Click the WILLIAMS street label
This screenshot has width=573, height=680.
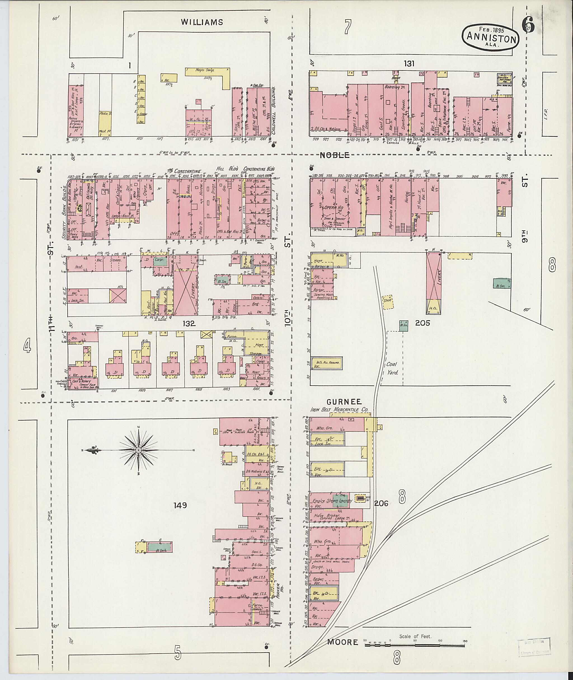[x=202, y=22]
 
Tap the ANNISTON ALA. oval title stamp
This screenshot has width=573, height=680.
[x=491, y=38]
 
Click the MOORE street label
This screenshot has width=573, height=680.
[x=342, y=642]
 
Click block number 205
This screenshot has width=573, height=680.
[x=422, y=323]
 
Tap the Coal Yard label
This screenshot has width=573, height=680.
[x=392, y=368]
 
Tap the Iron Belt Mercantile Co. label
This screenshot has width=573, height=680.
[x=339, y=410]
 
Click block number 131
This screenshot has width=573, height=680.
[x=409, y=64]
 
